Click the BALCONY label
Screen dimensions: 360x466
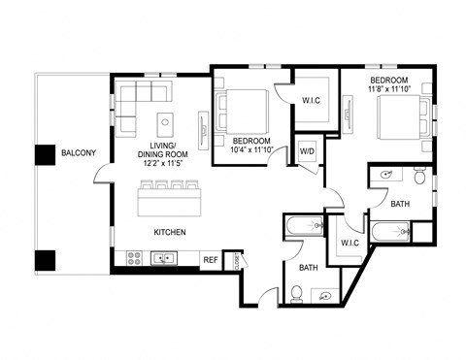coord(78,153)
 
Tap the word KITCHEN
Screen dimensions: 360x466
coord(169,233)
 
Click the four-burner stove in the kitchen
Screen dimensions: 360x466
coord(134,258)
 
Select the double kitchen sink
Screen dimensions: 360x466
coord(163,258)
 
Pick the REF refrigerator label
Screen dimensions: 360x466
coord(210,259)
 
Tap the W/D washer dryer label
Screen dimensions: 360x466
coord(307,152)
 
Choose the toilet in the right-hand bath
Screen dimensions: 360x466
coord(419,177)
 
